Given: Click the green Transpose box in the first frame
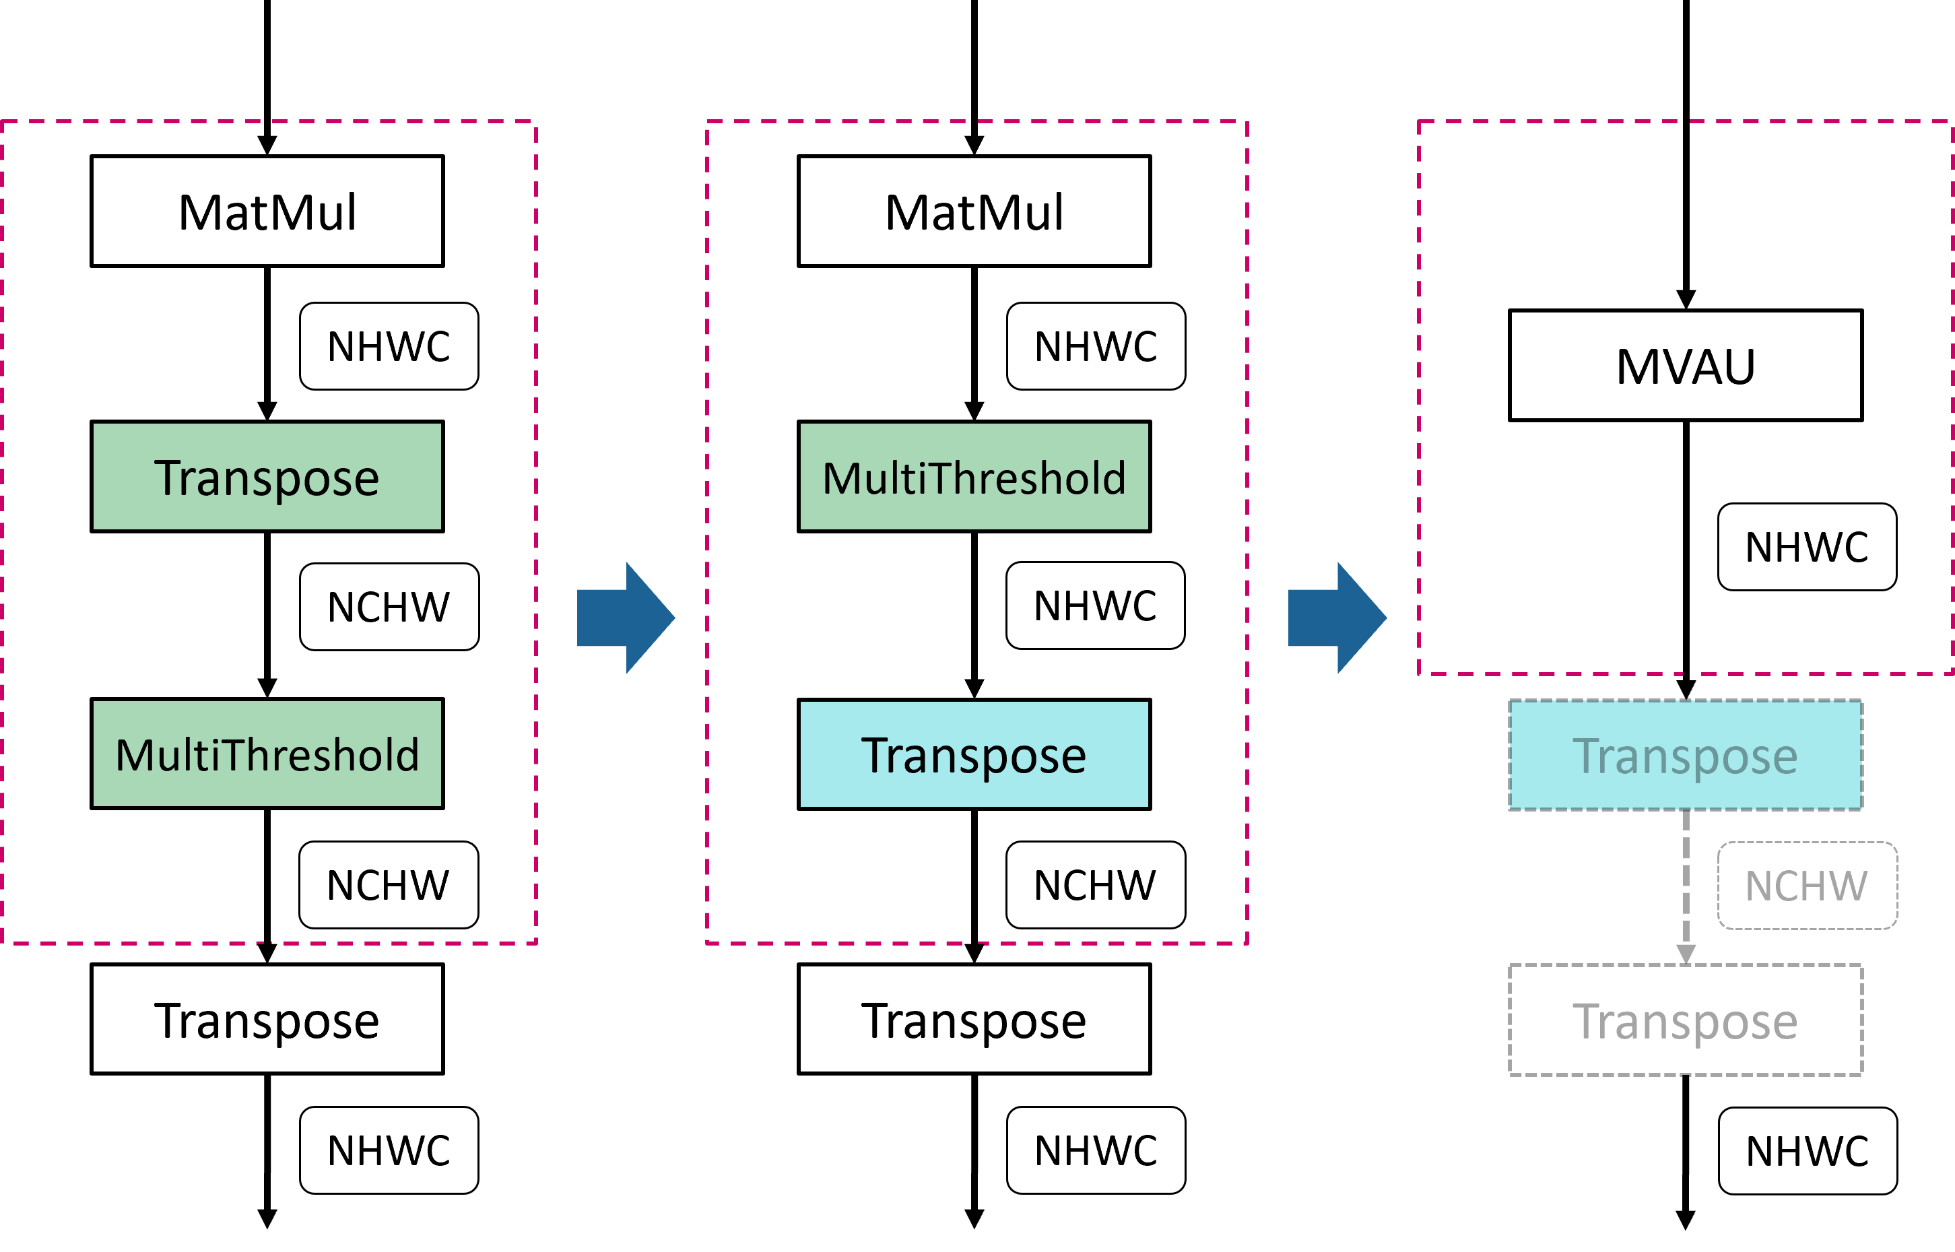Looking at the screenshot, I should pos(267,476).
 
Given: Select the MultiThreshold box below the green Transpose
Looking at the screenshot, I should pos(267,754).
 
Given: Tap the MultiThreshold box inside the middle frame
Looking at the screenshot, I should pos(974,476).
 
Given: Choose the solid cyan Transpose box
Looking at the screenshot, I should pos(974,754).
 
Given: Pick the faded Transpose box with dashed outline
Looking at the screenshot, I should pos(1685,755).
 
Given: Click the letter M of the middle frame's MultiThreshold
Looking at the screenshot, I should pos(841,478).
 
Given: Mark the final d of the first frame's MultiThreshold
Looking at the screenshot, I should pos(408,754).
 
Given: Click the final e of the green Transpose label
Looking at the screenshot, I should pos(368,480).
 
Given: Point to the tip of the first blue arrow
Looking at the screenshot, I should pos(674,618).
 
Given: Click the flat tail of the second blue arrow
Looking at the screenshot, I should pos(1291,618).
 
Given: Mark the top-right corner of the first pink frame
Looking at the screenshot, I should pos(535,122).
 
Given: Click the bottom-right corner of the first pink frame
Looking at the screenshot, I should pos(535,943).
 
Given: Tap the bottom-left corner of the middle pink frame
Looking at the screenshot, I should pos(707,943).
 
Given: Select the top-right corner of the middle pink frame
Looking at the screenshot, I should pos(1247,122).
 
